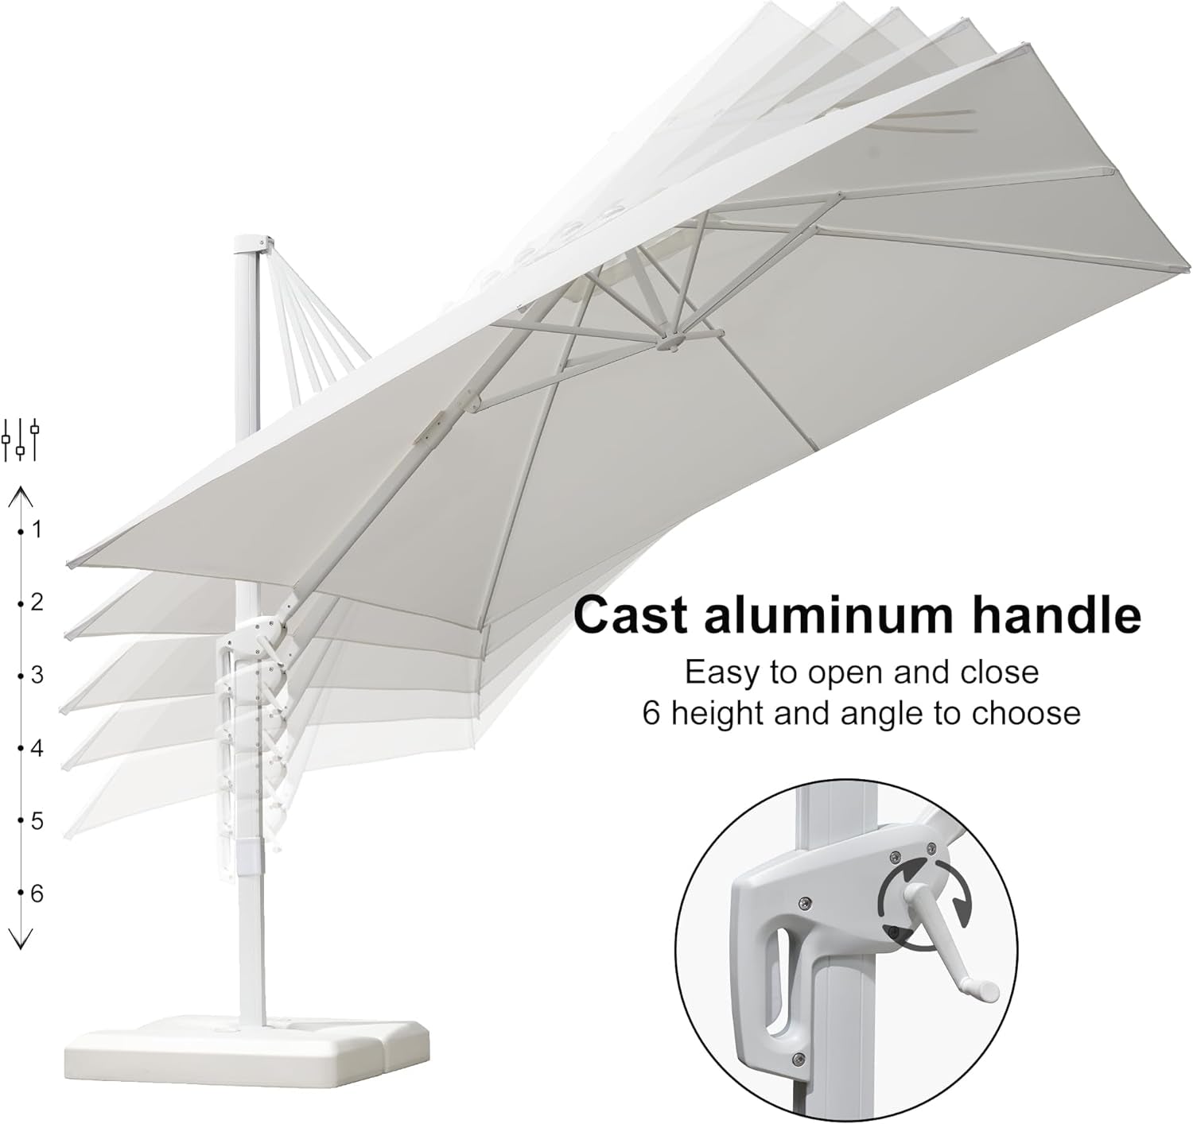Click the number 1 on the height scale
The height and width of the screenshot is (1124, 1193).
[x=37, y=529]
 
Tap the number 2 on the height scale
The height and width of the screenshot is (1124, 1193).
[x=37, y=603]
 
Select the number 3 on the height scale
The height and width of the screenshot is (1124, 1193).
[x=37, y=676]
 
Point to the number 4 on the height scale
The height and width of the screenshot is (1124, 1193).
[x=37, y=748]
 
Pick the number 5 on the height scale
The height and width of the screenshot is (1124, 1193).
[x=37, y=821]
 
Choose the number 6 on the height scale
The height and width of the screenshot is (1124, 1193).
[x=37, y=894]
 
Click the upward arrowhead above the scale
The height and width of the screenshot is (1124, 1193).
[x=21, y=498]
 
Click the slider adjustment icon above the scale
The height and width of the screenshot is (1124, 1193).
[x=21, y=440]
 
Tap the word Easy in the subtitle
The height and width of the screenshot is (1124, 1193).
[x=721, y=672]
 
